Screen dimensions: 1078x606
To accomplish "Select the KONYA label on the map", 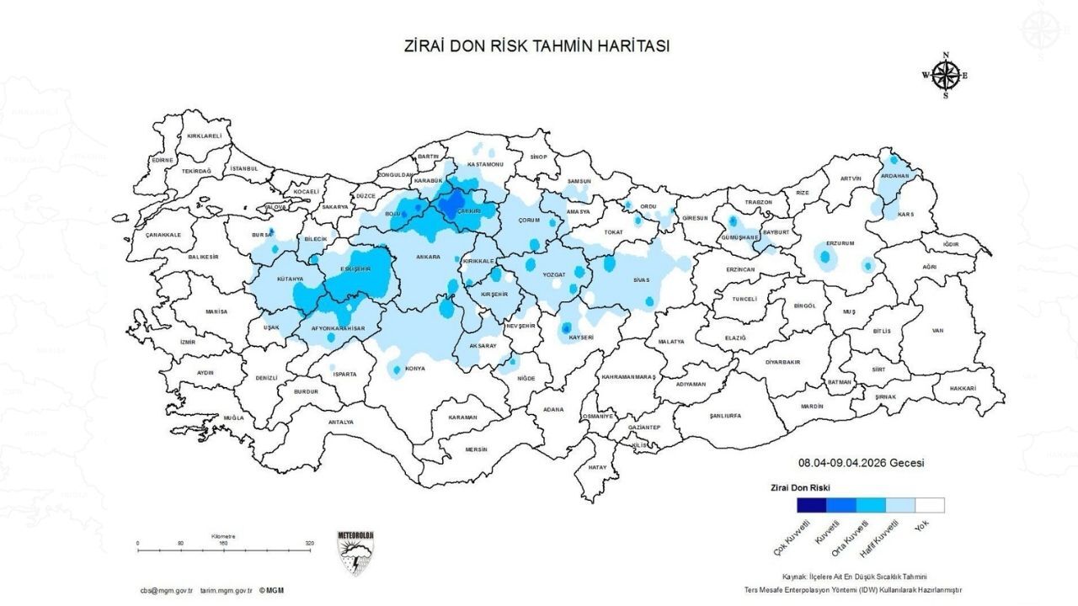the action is click(x=415, y=368).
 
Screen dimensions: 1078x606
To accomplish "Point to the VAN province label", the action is click(x=937, y=331).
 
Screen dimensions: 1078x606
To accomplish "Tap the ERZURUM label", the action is click(x=840, y=242).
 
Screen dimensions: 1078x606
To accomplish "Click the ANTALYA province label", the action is click(x=341, y=422).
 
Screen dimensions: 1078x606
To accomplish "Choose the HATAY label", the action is click(x=598, y=466).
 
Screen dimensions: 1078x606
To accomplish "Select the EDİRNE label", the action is click(x=163, y=160).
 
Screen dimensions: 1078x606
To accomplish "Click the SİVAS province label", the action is click(x=643, y=280).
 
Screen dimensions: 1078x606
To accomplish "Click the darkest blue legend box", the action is click(x=812, y=505).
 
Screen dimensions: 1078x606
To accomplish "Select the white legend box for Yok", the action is click(x=930, y=505).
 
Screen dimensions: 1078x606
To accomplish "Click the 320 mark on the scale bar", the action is click(x=310, y=544).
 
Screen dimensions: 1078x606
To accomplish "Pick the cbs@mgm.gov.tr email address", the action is click(x=167, y=591).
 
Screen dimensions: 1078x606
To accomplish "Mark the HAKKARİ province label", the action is click(x=962, y=388).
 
